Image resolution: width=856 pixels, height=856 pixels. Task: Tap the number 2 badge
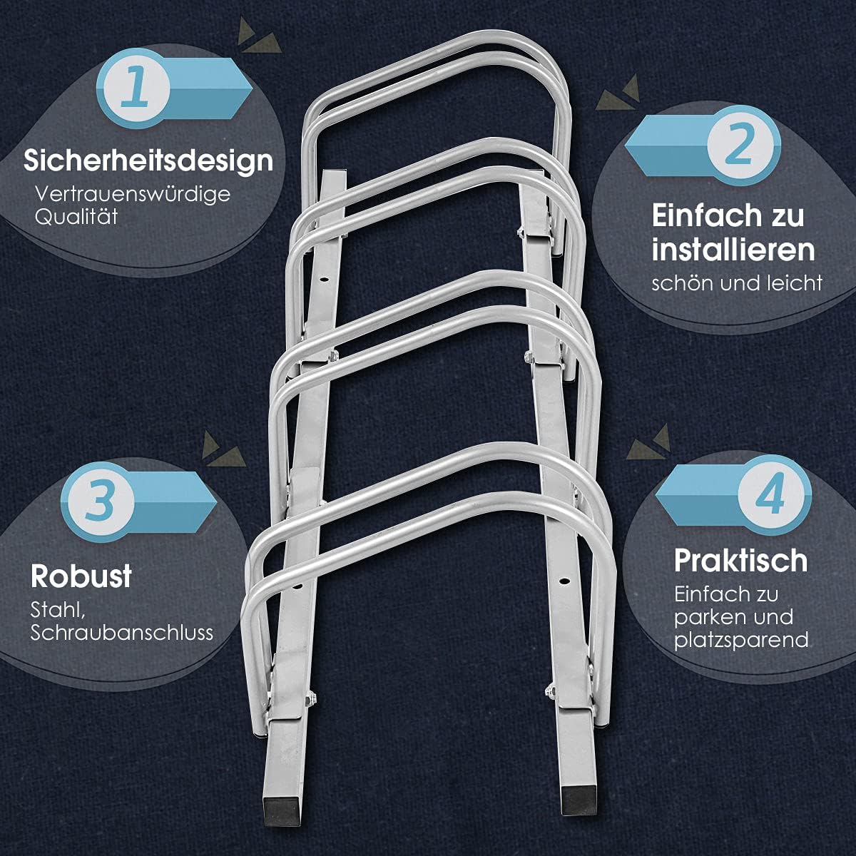pyautogui.click(x=743, y=146)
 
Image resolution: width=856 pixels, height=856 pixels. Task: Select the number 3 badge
pyautogui.click(x=98, y=503)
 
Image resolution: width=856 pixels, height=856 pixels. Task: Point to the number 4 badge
pyautogui.click(x=774, y=495)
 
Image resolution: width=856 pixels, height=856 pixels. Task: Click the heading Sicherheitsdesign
pyautogui.click(x=148, y=160)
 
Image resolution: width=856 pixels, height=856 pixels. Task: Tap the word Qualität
pyautogui.click(x=76, y=217)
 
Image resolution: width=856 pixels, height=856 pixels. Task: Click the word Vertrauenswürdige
pyautogui.click(x=133, y=194)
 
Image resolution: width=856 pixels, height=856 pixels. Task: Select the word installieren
pyautogui.click(x=733, y=250)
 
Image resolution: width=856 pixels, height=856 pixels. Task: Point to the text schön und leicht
pyautogui.click(x=737, y=283)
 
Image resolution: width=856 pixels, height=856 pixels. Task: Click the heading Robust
pyautogui.click(x=81, y=576)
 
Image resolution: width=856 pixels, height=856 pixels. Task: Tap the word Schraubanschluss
pyautogui.click(x=121, y=633)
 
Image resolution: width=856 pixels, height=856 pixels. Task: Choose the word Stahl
pyautogui.click(x=58, y=611)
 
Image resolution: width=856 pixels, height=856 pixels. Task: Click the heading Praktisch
pyautogui.click(x=741, y=560)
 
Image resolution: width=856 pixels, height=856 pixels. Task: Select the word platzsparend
pyautogui.click(x=741, y=640)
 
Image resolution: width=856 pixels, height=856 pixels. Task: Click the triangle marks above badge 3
pyautogui.click(x=223, y=449)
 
